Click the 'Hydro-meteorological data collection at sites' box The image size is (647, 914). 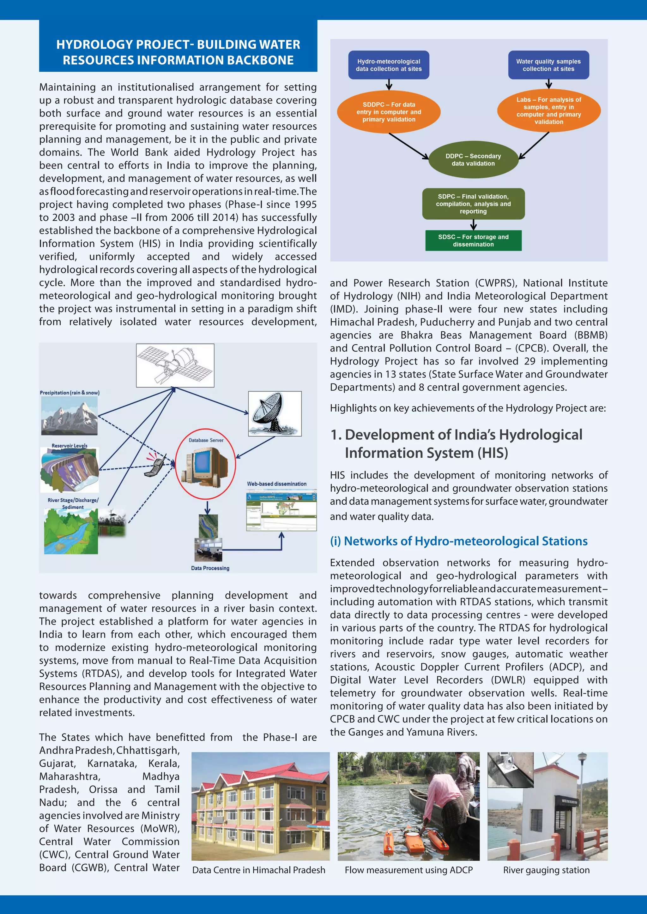(x=389, y=65)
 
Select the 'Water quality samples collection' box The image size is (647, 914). (x=548, y=65)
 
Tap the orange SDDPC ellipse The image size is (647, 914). (x=389, y=112)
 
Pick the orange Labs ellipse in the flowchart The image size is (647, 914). (x=549, y=111)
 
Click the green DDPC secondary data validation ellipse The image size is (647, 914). (x=473, y=160)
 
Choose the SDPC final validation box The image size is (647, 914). (x=473, y=204)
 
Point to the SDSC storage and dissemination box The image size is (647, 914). (x=473, y=240)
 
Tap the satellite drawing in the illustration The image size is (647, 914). (x=175, y=365)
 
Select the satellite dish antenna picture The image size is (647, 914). (x=275, y=413)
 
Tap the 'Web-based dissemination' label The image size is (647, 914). (x=276, y=484)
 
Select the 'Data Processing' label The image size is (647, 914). (x=210, y=568)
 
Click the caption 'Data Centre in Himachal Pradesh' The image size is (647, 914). (x=258, y=870)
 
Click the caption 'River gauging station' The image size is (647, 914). (x=546, y=870)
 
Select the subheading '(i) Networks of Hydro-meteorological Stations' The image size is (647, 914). (x=459, y=541)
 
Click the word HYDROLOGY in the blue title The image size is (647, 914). (x=94, y=45)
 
